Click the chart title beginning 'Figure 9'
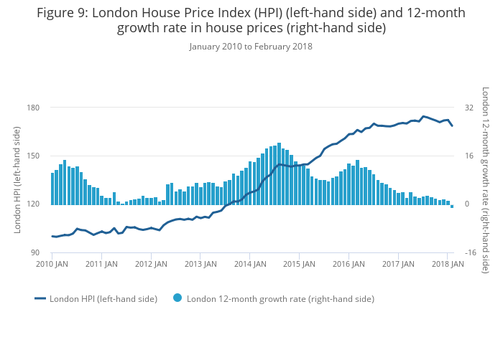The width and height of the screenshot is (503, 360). pyautogui.click(x=251, y=20)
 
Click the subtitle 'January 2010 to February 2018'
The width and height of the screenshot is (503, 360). pyautogui.click(x=251, y=47)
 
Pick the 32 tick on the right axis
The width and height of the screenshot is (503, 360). pyautogui.click(x=469, y=108)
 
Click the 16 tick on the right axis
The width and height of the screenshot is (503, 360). pyautogui.click(x=469, y=156)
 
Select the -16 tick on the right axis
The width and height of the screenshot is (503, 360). pyautogui.click(x=470, y=253)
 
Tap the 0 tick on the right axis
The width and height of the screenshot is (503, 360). pyautogui.click(x=467, y=204)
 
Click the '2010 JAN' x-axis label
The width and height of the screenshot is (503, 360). pyautogui.click(x=52, y=264)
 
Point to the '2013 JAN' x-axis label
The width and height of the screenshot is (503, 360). pyautogui.click(x=200, y=264)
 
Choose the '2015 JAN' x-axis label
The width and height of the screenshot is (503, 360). pyautogui.click(x=299, y=264)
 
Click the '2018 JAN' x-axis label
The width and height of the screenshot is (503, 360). pyautogui.click(x=447, y=264)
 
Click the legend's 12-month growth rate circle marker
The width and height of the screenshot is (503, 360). pyautogui.click(x=177, y=298)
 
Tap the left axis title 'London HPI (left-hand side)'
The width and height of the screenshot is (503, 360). pyautogui.click(x=17, y=180)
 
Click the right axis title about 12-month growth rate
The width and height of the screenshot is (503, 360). pyautogui.click(x=485, y=180)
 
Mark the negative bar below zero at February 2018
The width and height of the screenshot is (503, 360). pyautogui.click(x=452, y=206)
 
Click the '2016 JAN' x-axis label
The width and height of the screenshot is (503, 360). pyautogui.click(x=349, y=264)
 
